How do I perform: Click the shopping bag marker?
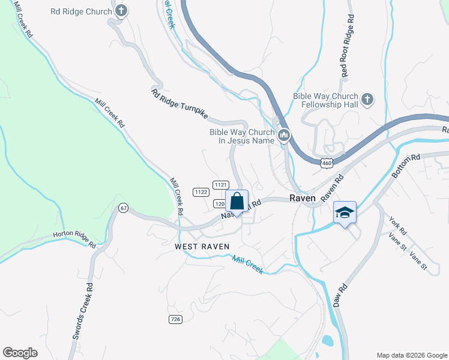[237, 201]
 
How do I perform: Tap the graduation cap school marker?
[345, 212]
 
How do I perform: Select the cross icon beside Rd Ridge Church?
[121, 11]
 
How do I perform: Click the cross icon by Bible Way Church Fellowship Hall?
[367, 98]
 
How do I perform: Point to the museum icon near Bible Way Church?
[285, 137]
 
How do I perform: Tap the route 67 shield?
[124, 208]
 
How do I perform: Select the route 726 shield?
[175, 319]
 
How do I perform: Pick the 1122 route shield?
[201, 192]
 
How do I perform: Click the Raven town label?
[303, 198]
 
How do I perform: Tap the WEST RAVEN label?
[199, 247]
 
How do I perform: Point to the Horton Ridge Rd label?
[74, 239]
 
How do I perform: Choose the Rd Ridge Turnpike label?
[182, 103]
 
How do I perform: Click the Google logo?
[20, 353]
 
